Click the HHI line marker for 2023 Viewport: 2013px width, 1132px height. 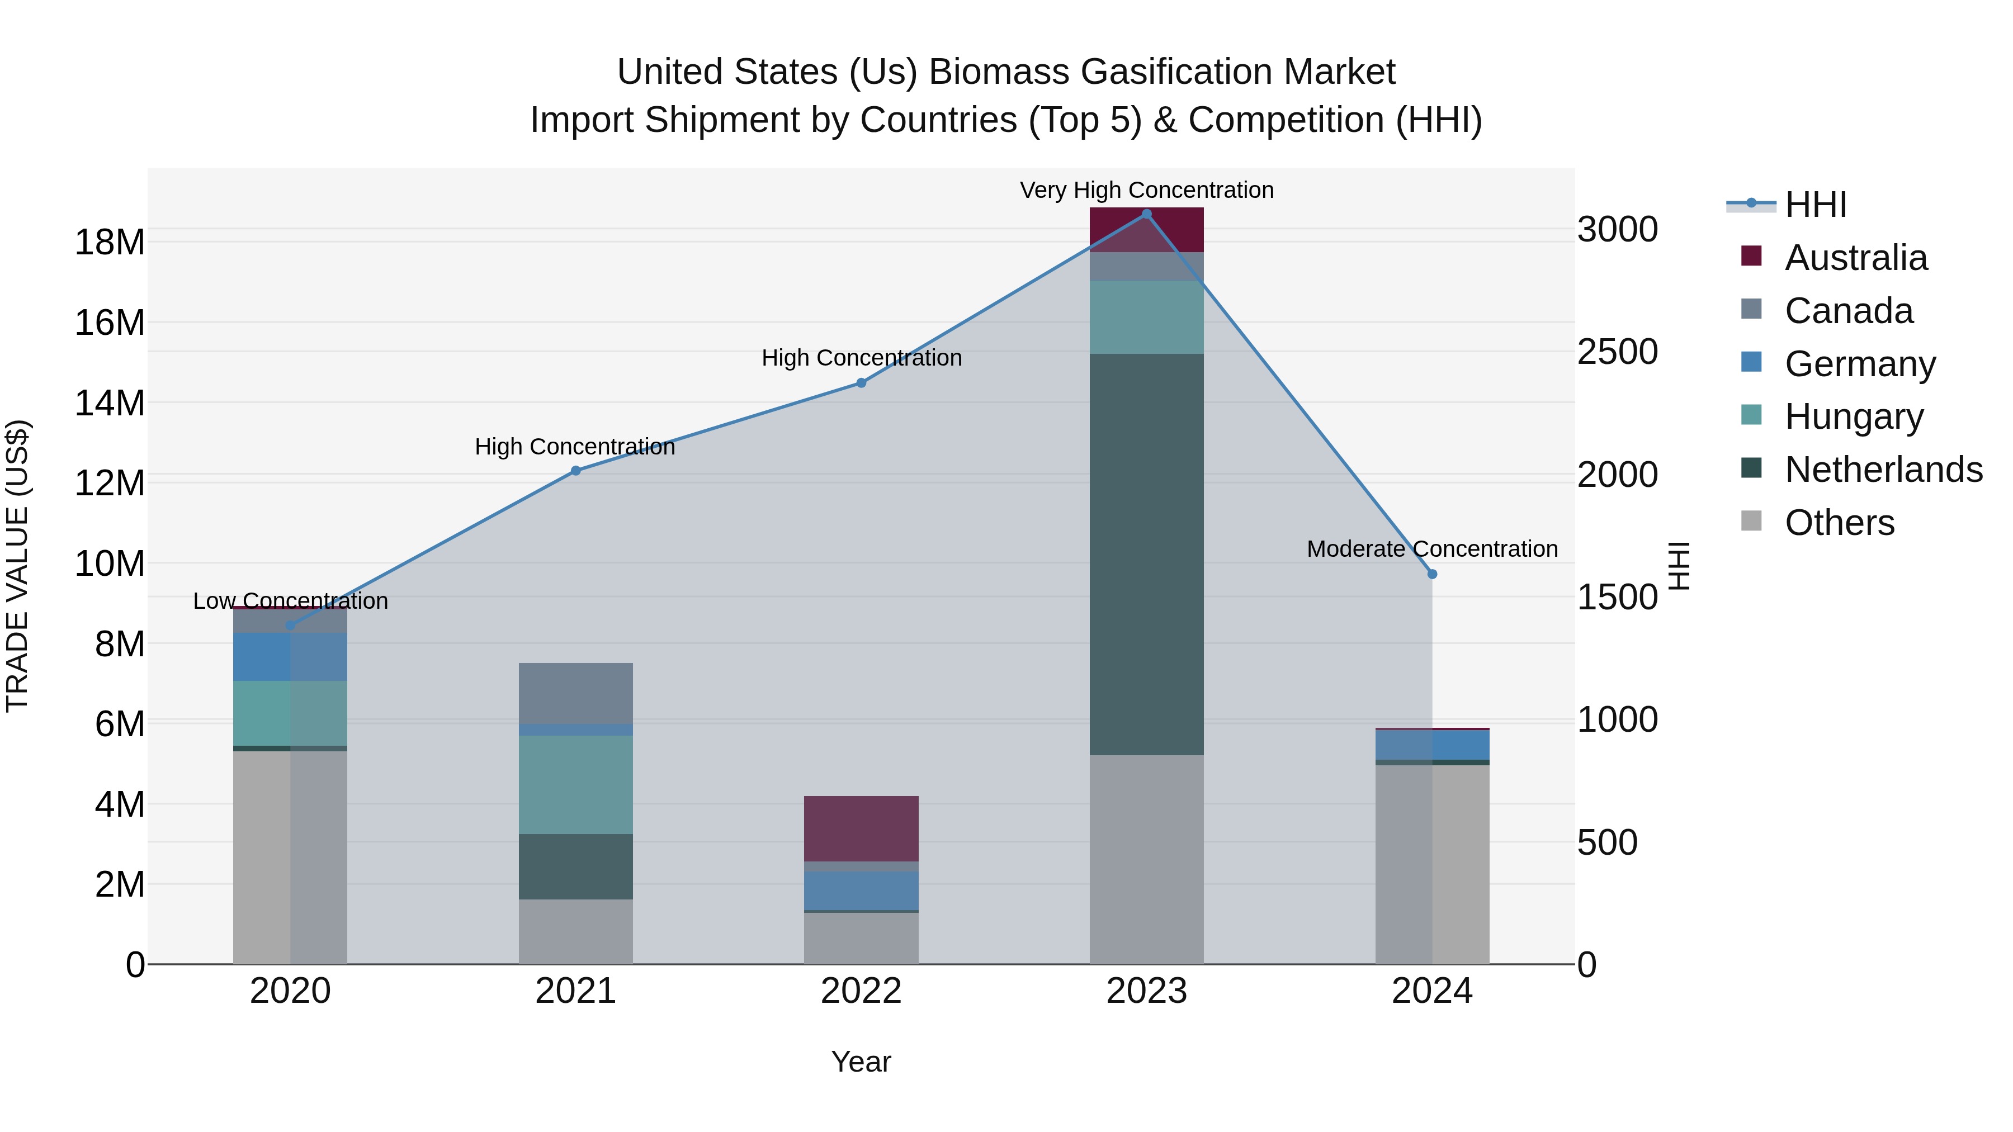(x=1146, y=214)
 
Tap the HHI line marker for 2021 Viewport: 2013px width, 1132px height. (x=576, y=471)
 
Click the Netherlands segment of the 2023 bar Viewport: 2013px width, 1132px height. (x=1146, y=555)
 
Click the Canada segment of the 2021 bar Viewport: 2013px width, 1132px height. (x=576, y=694)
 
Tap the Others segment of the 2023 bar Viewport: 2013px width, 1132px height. (x=1146, y=859)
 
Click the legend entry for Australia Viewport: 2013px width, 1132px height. (x=1856, y=258)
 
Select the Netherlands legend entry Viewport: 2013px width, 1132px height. (x=1883, y=470)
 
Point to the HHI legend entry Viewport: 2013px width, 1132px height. (x=1815, y=205)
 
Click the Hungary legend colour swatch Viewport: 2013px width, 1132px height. (x=1752, y=415)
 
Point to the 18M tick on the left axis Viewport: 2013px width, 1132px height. (x=110, y=242)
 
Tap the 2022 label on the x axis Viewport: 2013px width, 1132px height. (x=861, y=991)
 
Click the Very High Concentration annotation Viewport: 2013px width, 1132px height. (x=1146, y=190)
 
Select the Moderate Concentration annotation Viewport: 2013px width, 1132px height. (x=1431, y=549)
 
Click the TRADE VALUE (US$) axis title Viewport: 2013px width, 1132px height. (x=17, y=566)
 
